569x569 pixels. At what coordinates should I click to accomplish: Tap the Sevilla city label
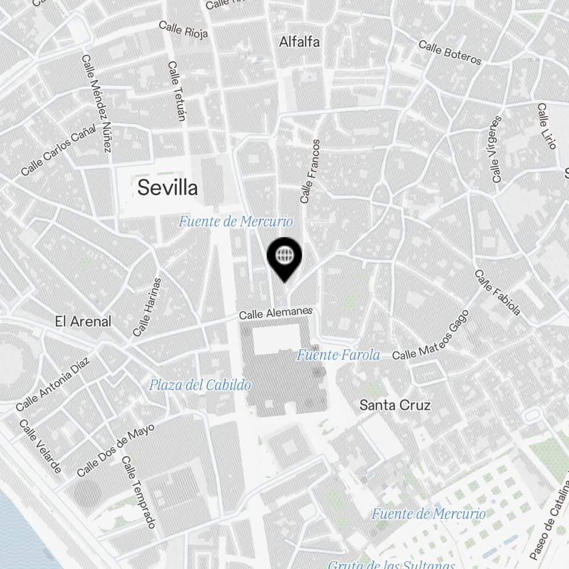(x=168, y=187)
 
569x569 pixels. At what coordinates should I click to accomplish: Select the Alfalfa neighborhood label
(x=299, y=42)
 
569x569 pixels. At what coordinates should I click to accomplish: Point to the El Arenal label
(x=83, y=321)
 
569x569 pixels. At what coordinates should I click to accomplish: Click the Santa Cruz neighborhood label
(x=395, y=405)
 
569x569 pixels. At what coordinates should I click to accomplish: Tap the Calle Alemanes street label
(x=276, y=313)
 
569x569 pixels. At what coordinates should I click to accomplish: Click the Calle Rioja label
(x=183, y=29)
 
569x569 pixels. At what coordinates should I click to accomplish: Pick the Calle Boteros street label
(x=450, y=52)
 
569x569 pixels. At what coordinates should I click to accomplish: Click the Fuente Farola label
(x=338, y=356)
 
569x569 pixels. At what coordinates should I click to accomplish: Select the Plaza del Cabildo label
(x=200, y=385)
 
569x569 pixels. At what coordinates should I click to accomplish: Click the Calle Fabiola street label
(x=498, y=292)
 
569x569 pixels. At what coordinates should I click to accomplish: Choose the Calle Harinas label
(x=147, y=307)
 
